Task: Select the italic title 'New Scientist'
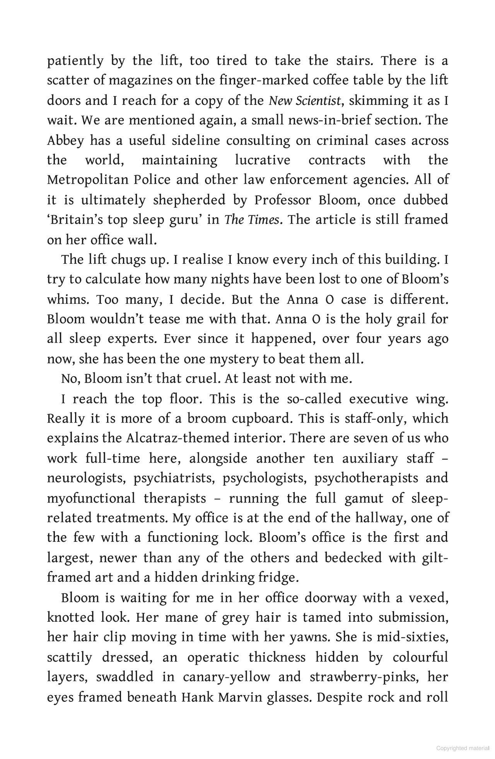pyautogui.click(x=305, y=101)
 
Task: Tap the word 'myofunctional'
pyautogui.click(x=91, y=498)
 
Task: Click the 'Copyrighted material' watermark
pyautogui.click(x=463, y=748)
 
